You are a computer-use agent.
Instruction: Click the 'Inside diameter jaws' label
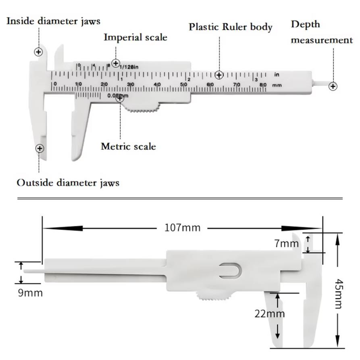pyautogui.click(x=53, y=21)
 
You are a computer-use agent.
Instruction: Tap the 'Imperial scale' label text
pyautogui.click(x=135, y=37)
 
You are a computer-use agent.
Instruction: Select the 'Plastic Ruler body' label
pyautogui.click(x=231, y=27)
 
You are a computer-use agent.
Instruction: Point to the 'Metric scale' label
pyautogui.click(x=128, y=147)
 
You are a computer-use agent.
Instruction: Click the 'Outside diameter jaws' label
pyautogui.click(x=68, y=183)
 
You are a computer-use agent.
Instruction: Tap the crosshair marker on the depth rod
pyautogui.click(x=333, y=86)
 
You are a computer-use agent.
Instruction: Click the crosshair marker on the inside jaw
pyautogui.click(x=38, y=52)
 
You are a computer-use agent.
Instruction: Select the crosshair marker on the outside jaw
pyautogui.click(x=40, y=149)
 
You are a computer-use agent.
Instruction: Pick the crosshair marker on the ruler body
pyautogui.click(x=219, y=75)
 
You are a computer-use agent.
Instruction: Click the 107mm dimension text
pyautogui.click(x=183, y=228)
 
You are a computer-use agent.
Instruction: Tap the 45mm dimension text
pyautogui.click(x=338, y=294)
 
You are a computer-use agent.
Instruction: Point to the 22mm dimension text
pyautogui.click(x=270, y=314)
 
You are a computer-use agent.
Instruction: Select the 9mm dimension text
pyautogui.click(x=30, y=293)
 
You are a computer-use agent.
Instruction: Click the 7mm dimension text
pyautogui.click(x=287, y=243)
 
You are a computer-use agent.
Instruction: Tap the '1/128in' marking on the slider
pyautogui.click(x=129, y=67)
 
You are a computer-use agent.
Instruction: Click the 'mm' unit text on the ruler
pyautogui.click(x=277, y=85)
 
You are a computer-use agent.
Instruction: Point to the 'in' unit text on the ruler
pyautogui.click(x=277, y=75)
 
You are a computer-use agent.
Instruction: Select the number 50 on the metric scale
pyautogui.click(x=183, y=85)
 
